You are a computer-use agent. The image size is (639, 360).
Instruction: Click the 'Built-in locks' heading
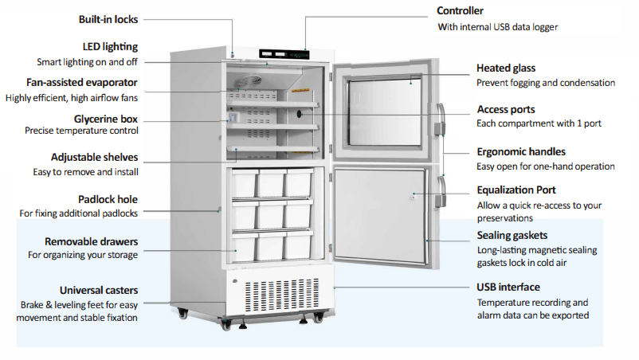[108, 19]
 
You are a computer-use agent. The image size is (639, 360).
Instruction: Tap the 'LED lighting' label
[110, 47]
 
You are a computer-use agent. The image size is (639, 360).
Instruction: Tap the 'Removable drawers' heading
[91, 241]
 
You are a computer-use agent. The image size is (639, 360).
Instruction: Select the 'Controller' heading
[461, 11]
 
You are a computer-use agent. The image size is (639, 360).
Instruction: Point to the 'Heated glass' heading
[506, 68]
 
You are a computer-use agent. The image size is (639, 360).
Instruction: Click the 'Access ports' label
[506, 109]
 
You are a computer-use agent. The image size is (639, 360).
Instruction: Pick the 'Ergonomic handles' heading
[521, 151]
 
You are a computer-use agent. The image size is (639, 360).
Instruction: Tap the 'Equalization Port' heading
[516, 190]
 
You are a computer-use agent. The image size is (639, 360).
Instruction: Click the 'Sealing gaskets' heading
[512, 235]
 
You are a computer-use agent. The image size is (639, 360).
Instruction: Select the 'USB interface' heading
[508, 287]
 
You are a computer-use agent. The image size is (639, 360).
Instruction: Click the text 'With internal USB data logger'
[498, 27]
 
